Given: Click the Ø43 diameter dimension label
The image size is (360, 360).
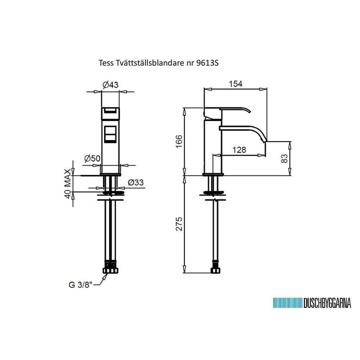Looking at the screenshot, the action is pyautogui.click(x=110, y=85).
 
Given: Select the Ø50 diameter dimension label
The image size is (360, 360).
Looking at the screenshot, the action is pyautogui.click(x=92, y=158).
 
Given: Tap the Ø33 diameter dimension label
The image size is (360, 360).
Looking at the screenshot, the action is pyautogui.click(x=135, y=182).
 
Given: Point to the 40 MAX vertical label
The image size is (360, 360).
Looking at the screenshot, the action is pyautogui.click(x=67, y=183).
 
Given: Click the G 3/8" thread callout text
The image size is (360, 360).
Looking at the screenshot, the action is pyautogui.click(x=80, y=285).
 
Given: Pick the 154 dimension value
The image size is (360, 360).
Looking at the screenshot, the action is pyautogui.click(x=235, y=84).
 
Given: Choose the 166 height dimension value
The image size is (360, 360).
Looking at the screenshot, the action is pyautogui.click(x=179, y=141).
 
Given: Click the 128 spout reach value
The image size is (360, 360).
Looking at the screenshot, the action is pyautogui.click(x=239, y=150).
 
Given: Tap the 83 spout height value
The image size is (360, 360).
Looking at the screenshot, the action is pyautogui.click(x=284, y=158).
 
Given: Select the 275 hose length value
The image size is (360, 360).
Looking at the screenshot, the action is pyautogui.click(x=179, y=224).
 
